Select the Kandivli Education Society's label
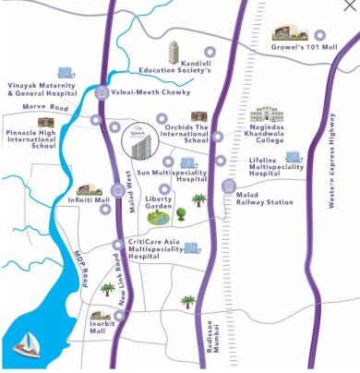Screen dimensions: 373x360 pos(175,69)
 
